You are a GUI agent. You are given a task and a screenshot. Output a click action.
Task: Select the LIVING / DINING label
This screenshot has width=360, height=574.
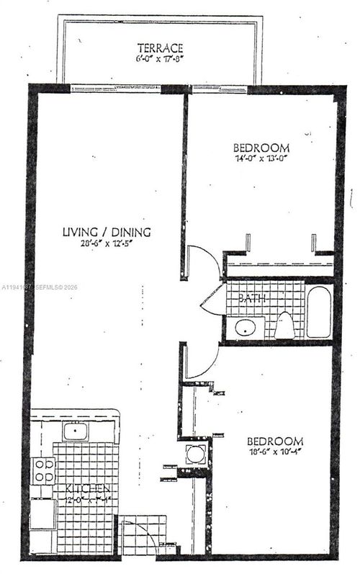point(107,232)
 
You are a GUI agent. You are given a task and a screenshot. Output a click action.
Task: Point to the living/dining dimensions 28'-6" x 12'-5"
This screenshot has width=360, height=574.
point(107,243)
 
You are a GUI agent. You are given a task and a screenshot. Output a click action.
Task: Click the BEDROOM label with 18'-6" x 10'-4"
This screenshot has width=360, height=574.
point(275,441)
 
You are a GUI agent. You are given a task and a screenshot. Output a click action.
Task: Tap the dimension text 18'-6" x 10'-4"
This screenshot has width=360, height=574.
point(275,453)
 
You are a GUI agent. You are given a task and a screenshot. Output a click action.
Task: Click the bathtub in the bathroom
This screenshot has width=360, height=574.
point(319,312)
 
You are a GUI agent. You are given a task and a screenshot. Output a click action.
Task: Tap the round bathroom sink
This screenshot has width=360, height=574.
point(246,328)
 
